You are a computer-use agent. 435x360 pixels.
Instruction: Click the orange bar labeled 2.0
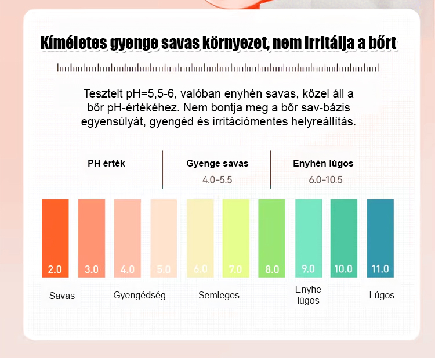click(x=55, y=238)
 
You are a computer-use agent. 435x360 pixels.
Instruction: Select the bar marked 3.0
click(x=91, y=238)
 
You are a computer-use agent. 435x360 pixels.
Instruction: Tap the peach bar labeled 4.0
click(x=127, y=238)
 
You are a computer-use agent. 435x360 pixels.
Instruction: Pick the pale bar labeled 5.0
click(x=164, y=238)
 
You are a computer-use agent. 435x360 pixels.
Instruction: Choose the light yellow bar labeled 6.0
click(x=200, y=238)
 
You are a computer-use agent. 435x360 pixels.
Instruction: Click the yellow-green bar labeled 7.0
click(x=236, y=238)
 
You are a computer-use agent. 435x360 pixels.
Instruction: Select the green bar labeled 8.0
click(x=272, y=238)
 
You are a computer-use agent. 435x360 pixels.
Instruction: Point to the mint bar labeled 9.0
click(x=309, y=238)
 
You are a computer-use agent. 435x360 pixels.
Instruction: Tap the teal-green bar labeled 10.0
click(x=344, y=238)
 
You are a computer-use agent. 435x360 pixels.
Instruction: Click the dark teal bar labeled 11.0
click(x=380, y=238)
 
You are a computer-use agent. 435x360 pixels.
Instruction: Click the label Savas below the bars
click(x=61, y=296)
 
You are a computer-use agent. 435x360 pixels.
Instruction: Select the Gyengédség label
click(x=139, y=295)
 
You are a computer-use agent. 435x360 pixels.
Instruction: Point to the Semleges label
click(x=219, y=295)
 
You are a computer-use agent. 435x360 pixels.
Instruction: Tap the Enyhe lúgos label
click(x=308, y=295)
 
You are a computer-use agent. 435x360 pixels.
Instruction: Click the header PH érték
click(x=106, y=163)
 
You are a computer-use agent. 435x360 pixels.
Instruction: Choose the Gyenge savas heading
click(x=217, y=163)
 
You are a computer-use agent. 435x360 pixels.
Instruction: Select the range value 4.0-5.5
click(x=217, y=180)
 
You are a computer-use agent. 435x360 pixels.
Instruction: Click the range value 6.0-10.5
click(x=325, y=180)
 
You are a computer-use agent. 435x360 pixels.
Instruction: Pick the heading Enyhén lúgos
click(x=323, y=163)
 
